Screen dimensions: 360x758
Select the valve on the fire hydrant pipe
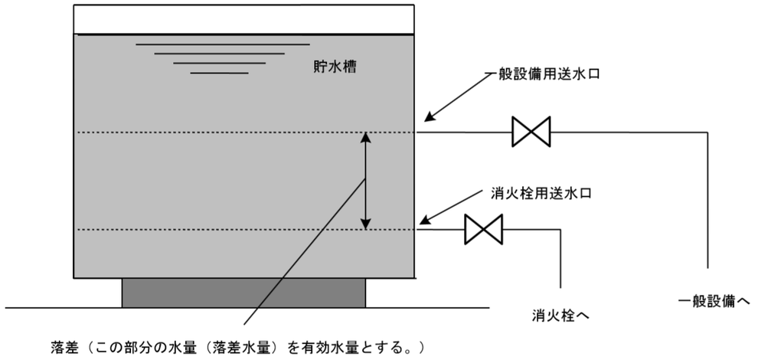point(483,229)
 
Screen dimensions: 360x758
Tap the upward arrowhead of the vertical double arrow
point(366,138)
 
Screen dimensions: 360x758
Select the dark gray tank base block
point(244,293)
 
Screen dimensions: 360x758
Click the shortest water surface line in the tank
point(219,73)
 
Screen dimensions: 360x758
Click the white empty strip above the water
point(245,17)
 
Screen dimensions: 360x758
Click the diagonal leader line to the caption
point(306,253)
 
